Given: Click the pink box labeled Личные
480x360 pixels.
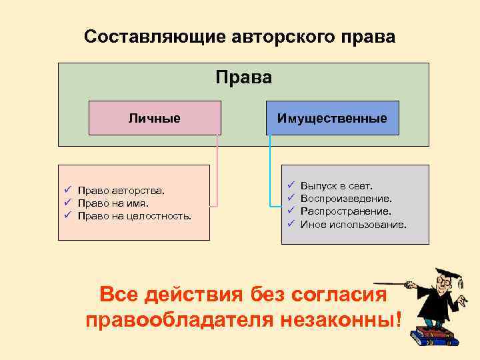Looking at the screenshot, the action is point(155,118).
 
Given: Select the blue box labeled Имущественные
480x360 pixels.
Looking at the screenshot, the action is point(332,118).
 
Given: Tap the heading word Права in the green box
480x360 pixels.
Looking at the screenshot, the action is point(244,78).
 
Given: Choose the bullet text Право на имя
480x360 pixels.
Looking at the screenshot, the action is point(113,203).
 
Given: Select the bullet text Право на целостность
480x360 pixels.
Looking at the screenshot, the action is point(134,215).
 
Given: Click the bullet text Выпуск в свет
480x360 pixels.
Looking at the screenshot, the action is point(337,185).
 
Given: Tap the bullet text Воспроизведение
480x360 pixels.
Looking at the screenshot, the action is point(346,198).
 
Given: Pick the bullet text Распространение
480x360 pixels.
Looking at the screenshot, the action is point(345,211).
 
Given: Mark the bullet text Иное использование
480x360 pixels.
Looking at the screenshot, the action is point(353,224).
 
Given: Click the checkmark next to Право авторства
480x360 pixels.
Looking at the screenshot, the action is point(68,191).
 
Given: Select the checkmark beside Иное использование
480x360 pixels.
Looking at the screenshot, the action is point(291,224).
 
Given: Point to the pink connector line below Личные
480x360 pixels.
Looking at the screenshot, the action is point(217,167).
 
